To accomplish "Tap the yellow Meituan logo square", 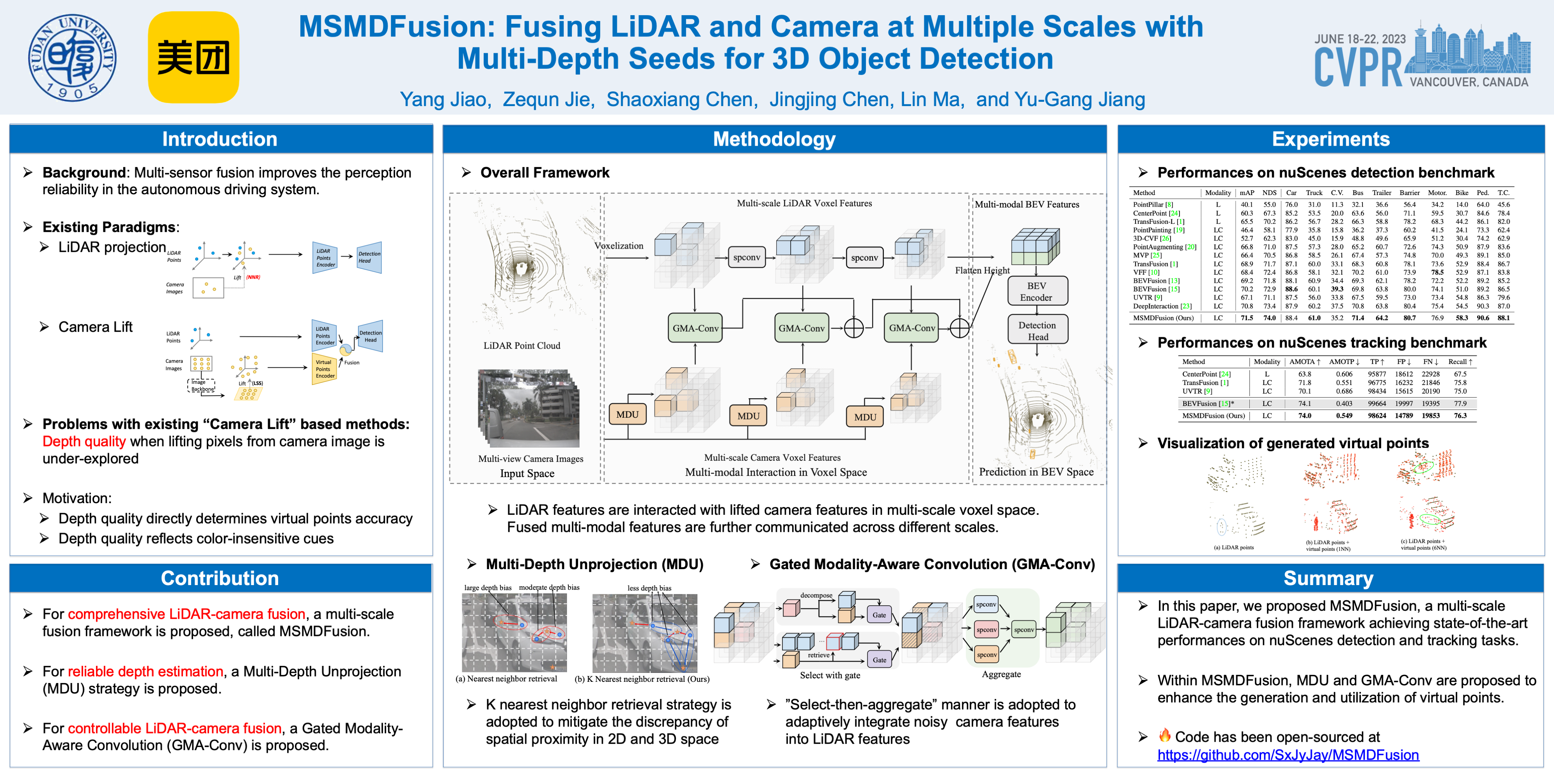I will tap(193, 57).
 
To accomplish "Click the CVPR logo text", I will tap(1357, 68).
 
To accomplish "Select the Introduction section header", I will tap(220, 139).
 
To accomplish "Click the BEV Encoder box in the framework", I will tap(1037, 291).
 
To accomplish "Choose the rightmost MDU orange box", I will tap(865, 417).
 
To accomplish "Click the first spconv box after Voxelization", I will tap(746, 258).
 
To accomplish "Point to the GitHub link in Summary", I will tap(1288, 755).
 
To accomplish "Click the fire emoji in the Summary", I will tap(1164, 735).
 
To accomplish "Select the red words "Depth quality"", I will tap(84, 442).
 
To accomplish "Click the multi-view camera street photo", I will tap(528, 408).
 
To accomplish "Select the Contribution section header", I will tap(220, 578).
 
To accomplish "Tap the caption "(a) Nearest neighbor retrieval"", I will tap(506, 679).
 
